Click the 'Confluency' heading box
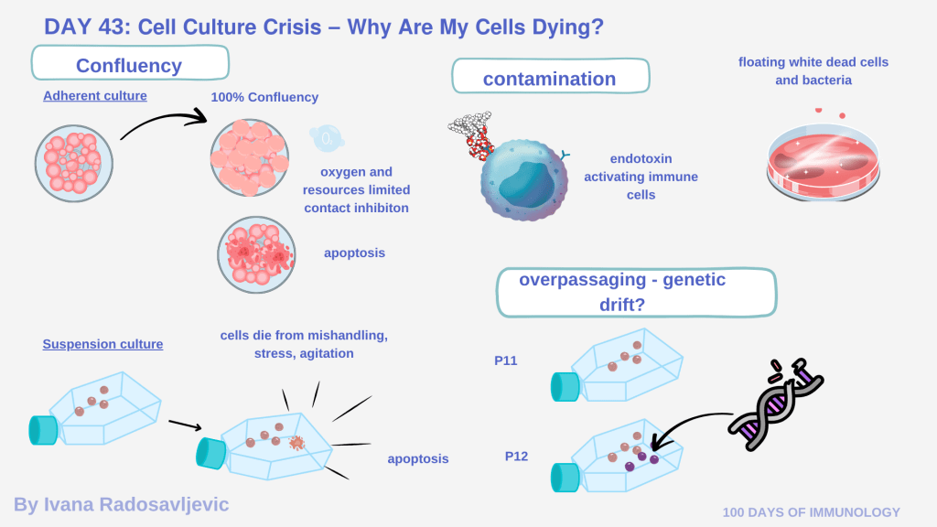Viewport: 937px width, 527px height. point(129,65)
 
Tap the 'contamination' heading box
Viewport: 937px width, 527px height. point(550,78)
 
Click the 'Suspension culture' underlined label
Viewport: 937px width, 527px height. point(102,344)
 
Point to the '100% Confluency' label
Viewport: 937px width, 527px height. point(264,97)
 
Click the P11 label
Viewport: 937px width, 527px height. point(506,360)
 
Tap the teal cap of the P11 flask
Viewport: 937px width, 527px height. point(564,387)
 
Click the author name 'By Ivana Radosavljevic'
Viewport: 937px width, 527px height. point(122,504)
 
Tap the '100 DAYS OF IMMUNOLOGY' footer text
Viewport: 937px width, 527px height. point(811,512)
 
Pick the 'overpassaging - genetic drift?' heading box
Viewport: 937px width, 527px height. point(635,291)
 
